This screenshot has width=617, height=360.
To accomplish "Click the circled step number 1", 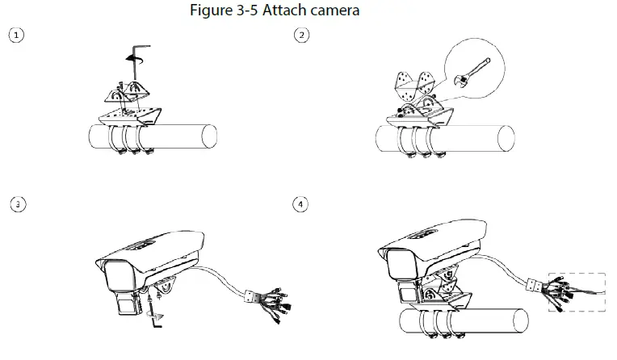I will tap(13, 36).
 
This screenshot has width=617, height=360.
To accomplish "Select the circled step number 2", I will tap(301, 36).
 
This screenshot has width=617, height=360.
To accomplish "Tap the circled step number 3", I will tap(14, 204).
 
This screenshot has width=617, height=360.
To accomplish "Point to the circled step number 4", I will tap(301, 204).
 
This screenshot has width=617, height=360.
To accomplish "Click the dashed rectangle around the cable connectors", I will tap(577, 291).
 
